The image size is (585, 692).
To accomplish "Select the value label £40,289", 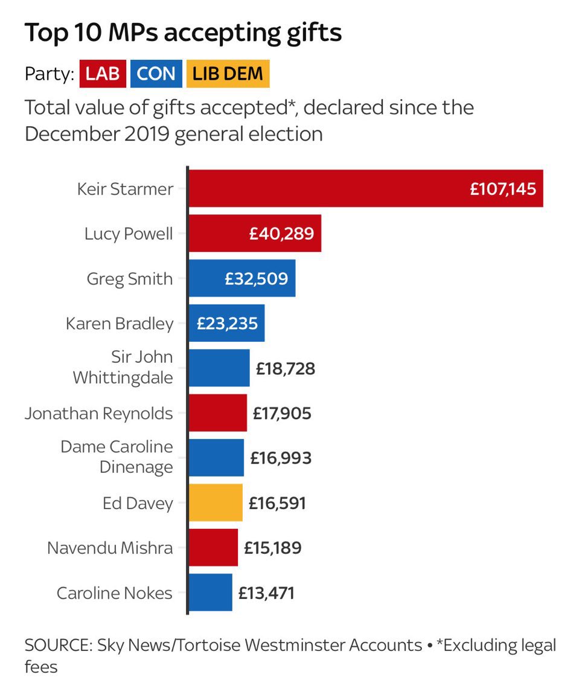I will tap(281, 234).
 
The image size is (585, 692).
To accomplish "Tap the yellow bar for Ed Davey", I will tap(216, 502).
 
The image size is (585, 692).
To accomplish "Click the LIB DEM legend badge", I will tap(228, 74).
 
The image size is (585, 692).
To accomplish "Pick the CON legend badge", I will tap(156, 74).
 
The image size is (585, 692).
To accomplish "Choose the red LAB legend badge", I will tap(103, 74).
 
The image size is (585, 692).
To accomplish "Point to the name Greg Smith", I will tap(130, 279).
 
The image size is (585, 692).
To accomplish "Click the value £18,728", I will tap(285, 368).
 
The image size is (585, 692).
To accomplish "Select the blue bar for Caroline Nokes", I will tap(211, 592).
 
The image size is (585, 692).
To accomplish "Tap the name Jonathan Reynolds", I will tap(99, 414).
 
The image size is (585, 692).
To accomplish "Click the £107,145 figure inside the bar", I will tap(503, 189).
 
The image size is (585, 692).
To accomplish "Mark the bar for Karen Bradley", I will tap(226, 324).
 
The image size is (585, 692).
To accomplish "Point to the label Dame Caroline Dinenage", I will tap(117, 457).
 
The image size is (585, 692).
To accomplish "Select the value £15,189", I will tap(272, 548).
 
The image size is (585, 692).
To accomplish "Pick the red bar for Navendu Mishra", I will tap(213, 548).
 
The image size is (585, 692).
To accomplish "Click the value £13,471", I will tap(266, 593).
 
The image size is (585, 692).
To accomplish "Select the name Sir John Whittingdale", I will tap(123, 367).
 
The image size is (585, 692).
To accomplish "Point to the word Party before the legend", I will tap(48, 74).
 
